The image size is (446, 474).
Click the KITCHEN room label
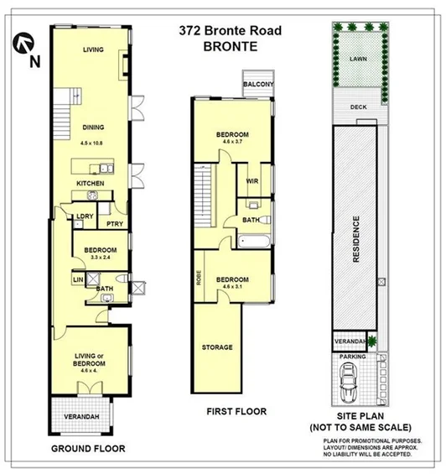(x=91, y=183)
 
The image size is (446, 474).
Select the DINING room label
(x=92, y=128)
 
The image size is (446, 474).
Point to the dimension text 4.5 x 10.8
(x=93, y=141)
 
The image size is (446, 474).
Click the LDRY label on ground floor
(x=84, y=216)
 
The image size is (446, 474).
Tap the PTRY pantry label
(x=114, y=223)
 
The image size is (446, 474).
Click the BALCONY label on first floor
(x=257, y=85)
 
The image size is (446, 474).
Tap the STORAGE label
(x=216, y=346)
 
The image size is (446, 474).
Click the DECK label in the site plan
(x=358, y=107)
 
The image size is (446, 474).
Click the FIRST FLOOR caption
(x=236, y=411)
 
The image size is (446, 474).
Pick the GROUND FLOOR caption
(x=88, y=449)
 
